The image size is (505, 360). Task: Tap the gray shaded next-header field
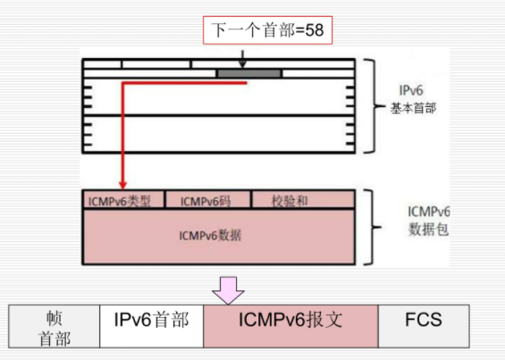[x=248, y=73]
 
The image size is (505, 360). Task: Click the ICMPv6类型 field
[x=120, y=201]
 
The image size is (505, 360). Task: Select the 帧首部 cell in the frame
[x=53, y=326]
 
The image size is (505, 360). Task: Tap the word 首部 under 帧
[x=53, y=338]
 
